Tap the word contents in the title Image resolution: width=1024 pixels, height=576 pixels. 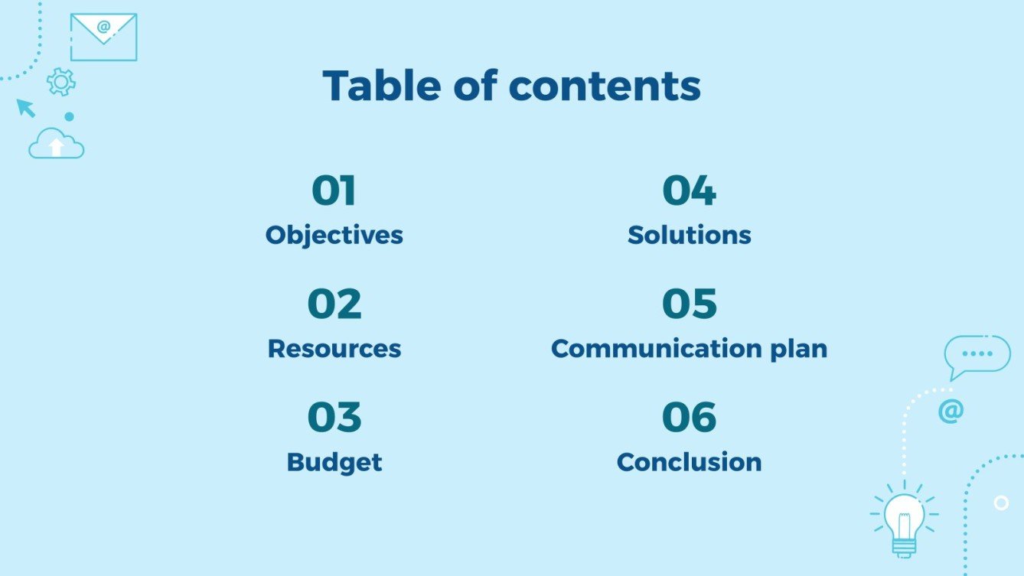pos(605,86)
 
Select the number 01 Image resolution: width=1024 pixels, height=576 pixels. pos(334,191)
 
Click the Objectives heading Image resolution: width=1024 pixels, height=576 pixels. pos(334,235)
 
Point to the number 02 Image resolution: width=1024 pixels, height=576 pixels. pos(334,304)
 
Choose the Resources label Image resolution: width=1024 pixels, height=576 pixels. pos(334,349)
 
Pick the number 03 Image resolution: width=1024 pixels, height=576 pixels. pos(334,418)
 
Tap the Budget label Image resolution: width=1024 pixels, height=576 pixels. pos(334,462)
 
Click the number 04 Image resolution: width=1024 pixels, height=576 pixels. pos(689,191)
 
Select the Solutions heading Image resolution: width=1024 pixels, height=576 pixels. pos(689,235)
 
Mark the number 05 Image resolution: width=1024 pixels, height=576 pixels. pos(689,304)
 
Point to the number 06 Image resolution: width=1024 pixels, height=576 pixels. pos(689,418)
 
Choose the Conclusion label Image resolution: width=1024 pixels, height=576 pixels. pos(689,462)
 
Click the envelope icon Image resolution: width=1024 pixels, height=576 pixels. pos(103,37)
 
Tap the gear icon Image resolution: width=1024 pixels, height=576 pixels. pos(61,82)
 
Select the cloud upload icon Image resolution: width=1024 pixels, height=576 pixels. pos(56,144)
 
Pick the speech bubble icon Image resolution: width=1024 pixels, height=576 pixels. pos(977,355)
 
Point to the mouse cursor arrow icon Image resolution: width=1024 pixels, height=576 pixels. pos(27,108)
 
